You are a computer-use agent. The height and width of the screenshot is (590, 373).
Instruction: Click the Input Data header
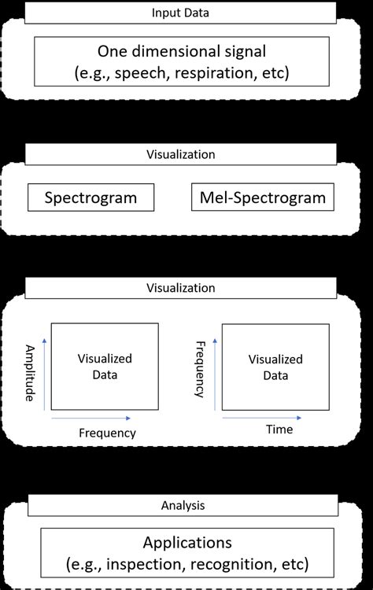point(186,13)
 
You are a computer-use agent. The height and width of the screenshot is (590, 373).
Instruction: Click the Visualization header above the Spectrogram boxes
point(186,155)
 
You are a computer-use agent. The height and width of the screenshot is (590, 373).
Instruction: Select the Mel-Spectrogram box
point(263,197)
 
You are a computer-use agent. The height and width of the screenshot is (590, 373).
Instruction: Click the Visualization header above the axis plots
point(186,288)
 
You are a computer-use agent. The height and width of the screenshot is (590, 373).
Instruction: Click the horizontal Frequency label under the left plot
point(107,433)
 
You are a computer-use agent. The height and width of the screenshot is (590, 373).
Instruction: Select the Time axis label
point(279,430)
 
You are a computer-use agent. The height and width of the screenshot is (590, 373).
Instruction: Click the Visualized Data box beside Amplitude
point(105,367)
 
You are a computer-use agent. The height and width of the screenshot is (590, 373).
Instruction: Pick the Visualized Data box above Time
point(275,367)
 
